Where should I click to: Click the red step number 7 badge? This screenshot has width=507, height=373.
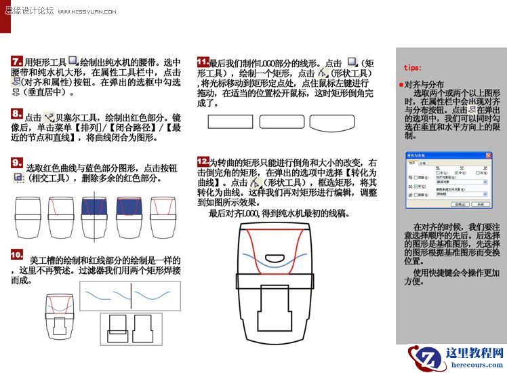17,61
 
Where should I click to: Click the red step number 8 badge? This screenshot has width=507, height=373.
17,114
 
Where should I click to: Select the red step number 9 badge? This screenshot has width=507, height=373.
18,163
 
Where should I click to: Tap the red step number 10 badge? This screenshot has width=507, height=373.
18,255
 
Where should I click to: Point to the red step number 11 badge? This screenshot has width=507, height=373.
202,61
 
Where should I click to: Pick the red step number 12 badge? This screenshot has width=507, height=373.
202,161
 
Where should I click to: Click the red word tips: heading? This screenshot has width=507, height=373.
412,68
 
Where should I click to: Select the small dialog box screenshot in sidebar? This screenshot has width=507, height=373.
447,180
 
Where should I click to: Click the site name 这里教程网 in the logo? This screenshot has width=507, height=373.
474,353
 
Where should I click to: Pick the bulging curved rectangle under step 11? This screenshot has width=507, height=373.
333,122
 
